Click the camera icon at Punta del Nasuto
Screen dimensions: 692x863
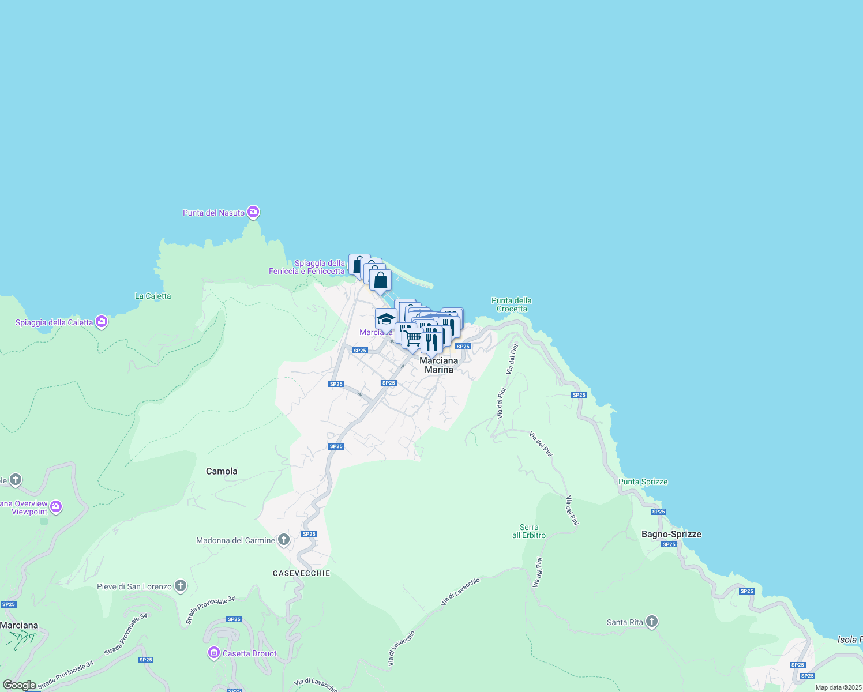pos(253,213)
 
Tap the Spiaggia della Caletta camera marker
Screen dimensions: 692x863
pos(102,322)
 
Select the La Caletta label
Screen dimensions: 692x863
pos(153,296)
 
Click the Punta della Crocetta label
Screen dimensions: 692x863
pos(512,304)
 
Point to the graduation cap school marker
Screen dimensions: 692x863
pos(385,319)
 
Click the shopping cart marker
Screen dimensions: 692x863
pos(412,339)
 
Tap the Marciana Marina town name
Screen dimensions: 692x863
pos(438,365)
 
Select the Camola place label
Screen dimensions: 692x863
pos(222,471)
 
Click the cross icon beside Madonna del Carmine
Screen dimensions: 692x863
pos(283,540)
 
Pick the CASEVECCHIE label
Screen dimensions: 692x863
pos(302,573)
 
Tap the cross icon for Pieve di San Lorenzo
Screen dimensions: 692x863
pos(181,586)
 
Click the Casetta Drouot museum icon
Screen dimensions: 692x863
pos(214,653)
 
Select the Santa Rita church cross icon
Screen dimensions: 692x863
pos(652,622)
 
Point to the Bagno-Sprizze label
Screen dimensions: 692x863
pos(671,534)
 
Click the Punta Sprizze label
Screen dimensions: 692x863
pos(643,482)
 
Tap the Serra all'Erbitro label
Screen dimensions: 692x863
pos(529,531)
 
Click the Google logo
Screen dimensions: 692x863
pos(20,685)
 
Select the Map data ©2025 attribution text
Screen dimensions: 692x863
pos(838,687)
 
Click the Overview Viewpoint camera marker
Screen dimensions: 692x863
pos(56,507)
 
